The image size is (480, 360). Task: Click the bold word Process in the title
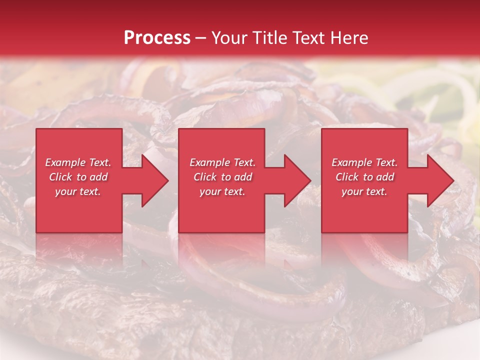pos(157,38)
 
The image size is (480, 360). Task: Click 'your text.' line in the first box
pos(78,191)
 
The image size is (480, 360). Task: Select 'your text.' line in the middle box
pos(222,191)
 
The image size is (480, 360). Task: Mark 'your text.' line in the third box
pos(364,191)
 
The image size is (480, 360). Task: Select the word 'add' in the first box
pos(99,177)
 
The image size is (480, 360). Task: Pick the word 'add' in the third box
pos(385,177)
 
